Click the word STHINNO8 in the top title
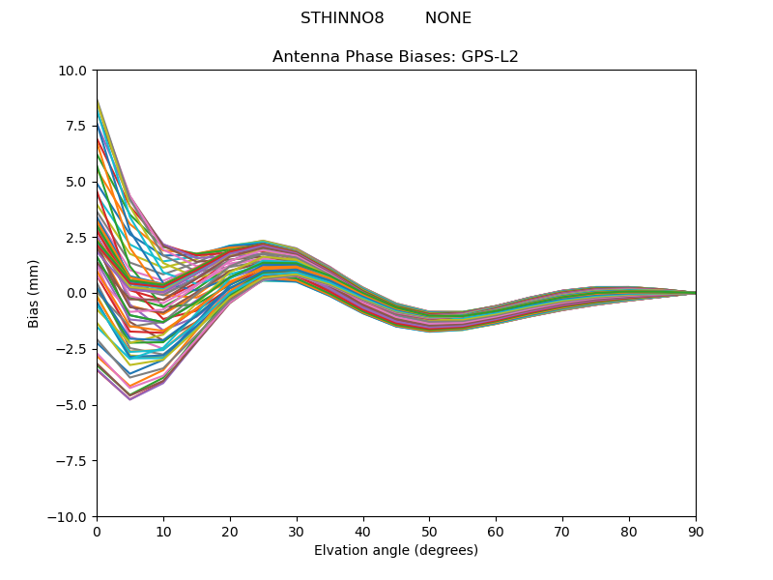tap(342, 18)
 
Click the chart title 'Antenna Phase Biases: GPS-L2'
tap(395, 57)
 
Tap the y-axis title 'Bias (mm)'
tap(34, 293)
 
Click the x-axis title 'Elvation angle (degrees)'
tap(395, 551)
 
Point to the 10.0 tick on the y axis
tap(73, 71)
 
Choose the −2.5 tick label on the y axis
tap(72, 349)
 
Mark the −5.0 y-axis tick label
tap(72, 405)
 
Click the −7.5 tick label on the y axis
tap(72, 461)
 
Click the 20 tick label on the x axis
tap(230, 533)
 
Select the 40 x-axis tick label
tap(363, 533)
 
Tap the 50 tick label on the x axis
tap(429, 533)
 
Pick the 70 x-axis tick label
tap(562, 533)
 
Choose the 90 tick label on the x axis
tap(696, 533)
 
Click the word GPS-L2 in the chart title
tap(491, 57)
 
